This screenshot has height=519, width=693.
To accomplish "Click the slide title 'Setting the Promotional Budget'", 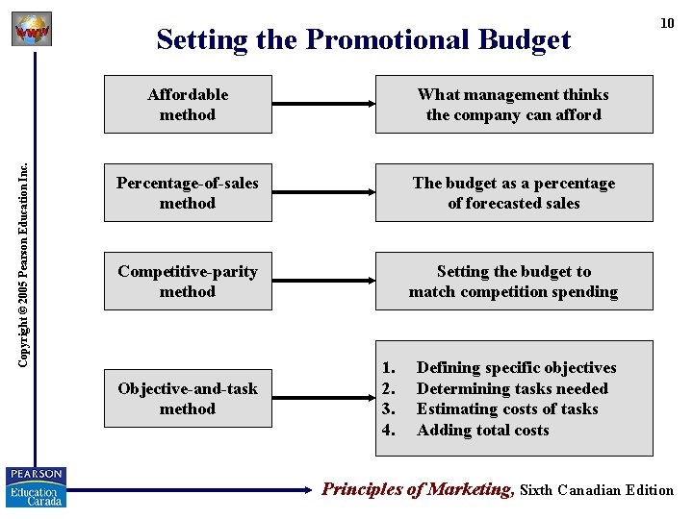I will (363, 39).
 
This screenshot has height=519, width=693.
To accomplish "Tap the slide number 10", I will (666, 23).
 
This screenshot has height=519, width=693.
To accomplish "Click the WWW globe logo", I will (31, 30).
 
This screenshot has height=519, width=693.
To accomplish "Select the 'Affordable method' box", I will (188, 104).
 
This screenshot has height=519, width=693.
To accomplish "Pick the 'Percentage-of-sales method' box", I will (188, 192).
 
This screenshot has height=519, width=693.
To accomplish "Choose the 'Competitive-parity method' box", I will (188, 281).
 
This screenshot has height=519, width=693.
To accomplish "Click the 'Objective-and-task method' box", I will (188, 398).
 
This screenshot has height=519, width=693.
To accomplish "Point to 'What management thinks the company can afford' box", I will (513, 104).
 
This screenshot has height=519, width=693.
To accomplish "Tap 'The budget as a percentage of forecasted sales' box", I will (513, 192).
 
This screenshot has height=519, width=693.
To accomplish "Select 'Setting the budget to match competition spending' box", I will (513, 281).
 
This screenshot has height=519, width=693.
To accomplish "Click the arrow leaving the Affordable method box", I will (323, 104).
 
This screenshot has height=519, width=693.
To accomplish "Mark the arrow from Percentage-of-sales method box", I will (323, 192).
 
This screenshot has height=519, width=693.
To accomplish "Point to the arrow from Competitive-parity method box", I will (323, 281).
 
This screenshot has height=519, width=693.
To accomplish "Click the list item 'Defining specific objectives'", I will (516, 367).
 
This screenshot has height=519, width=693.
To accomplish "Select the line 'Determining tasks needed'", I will (512, 388).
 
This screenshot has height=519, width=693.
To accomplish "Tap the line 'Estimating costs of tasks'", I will (507, 408).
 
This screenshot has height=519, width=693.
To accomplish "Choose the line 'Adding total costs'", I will (482, 430).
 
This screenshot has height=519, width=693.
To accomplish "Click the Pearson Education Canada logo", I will (37, 486).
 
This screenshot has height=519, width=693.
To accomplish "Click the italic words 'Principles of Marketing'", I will (418, 489).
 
